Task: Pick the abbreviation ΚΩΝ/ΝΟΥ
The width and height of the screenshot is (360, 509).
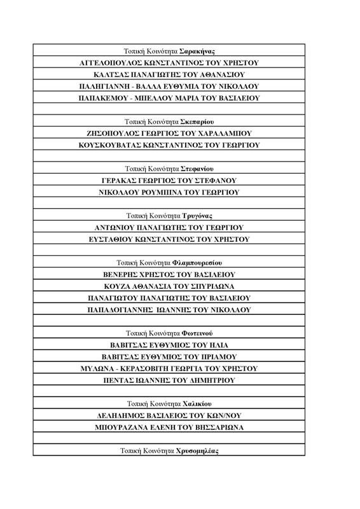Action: click(x=231, y=415)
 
